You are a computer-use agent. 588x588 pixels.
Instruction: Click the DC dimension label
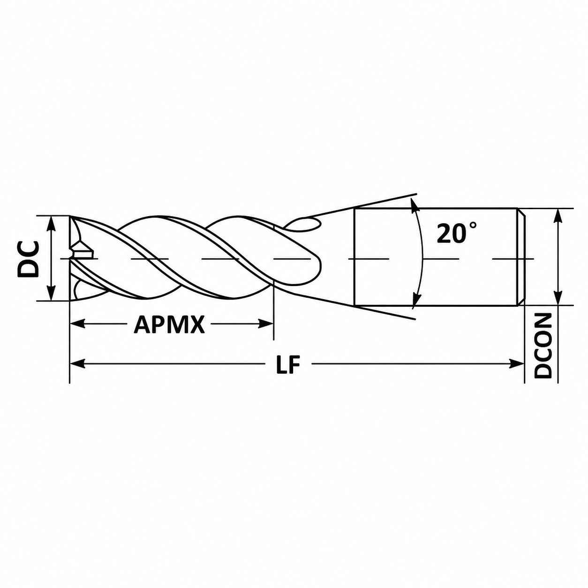[x=29, y=258]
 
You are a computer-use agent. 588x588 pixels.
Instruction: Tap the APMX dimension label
[x=169, y=324]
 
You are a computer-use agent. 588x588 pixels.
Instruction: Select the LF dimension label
[x=287, y=364]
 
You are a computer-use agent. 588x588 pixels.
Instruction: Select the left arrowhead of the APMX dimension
[x=77, y=324]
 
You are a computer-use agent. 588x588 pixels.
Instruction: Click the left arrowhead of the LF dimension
[x=77, y=364]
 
